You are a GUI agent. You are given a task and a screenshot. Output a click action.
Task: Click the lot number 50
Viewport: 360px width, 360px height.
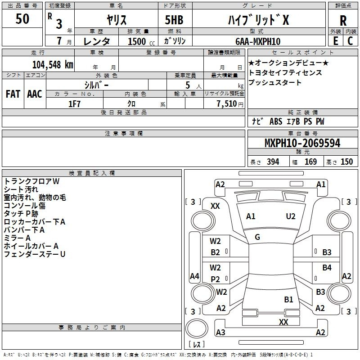pos(22,18)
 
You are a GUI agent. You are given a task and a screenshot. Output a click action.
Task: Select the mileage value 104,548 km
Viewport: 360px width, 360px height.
pos(53,65)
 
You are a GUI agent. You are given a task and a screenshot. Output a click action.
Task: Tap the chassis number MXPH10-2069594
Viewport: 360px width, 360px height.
pos(302,143)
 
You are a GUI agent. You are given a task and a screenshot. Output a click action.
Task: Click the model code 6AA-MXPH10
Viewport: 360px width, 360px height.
pos(258,41)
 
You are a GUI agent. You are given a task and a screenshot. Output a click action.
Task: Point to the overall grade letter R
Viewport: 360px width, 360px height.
pos(343,21)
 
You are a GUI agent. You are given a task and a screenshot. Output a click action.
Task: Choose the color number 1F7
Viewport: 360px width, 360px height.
pos(74,104)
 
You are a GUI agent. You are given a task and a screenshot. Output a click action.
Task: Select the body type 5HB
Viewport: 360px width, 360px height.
pos(174,20)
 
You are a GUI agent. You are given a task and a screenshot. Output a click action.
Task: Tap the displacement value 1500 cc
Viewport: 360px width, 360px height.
pos(141,41)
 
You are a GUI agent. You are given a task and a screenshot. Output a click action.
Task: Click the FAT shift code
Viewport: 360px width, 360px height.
pos(13,94)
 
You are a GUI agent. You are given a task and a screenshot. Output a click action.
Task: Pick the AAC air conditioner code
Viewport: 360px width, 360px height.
pos(35,94)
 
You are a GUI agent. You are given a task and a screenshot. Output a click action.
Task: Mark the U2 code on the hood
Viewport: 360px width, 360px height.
pos(291,216)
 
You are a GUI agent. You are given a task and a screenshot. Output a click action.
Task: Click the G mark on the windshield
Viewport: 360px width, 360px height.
pos(257,237)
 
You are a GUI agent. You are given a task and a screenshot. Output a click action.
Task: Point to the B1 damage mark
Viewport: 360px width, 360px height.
pos(288,300)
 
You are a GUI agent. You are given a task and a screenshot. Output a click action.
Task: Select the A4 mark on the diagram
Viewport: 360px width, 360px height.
pos(194,276)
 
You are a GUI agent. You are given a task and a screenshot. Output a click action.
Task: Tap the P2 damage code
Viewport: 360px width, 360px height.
pos(216,279)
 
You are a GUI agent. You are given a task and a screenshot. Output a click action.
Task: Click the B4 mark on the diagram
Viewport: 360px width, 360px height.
pos(327,267)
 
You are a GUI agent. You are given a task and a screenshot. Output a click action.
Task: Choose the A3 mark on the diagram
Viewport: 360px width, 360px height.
pos(220,332)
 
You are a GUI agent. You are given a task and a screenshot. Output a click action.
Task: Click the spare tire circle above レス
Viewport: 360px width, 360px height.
pos(197,328)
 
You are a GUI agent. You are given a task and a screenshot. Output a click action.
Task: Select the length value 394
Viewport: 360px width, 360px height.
pos(273,162)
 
